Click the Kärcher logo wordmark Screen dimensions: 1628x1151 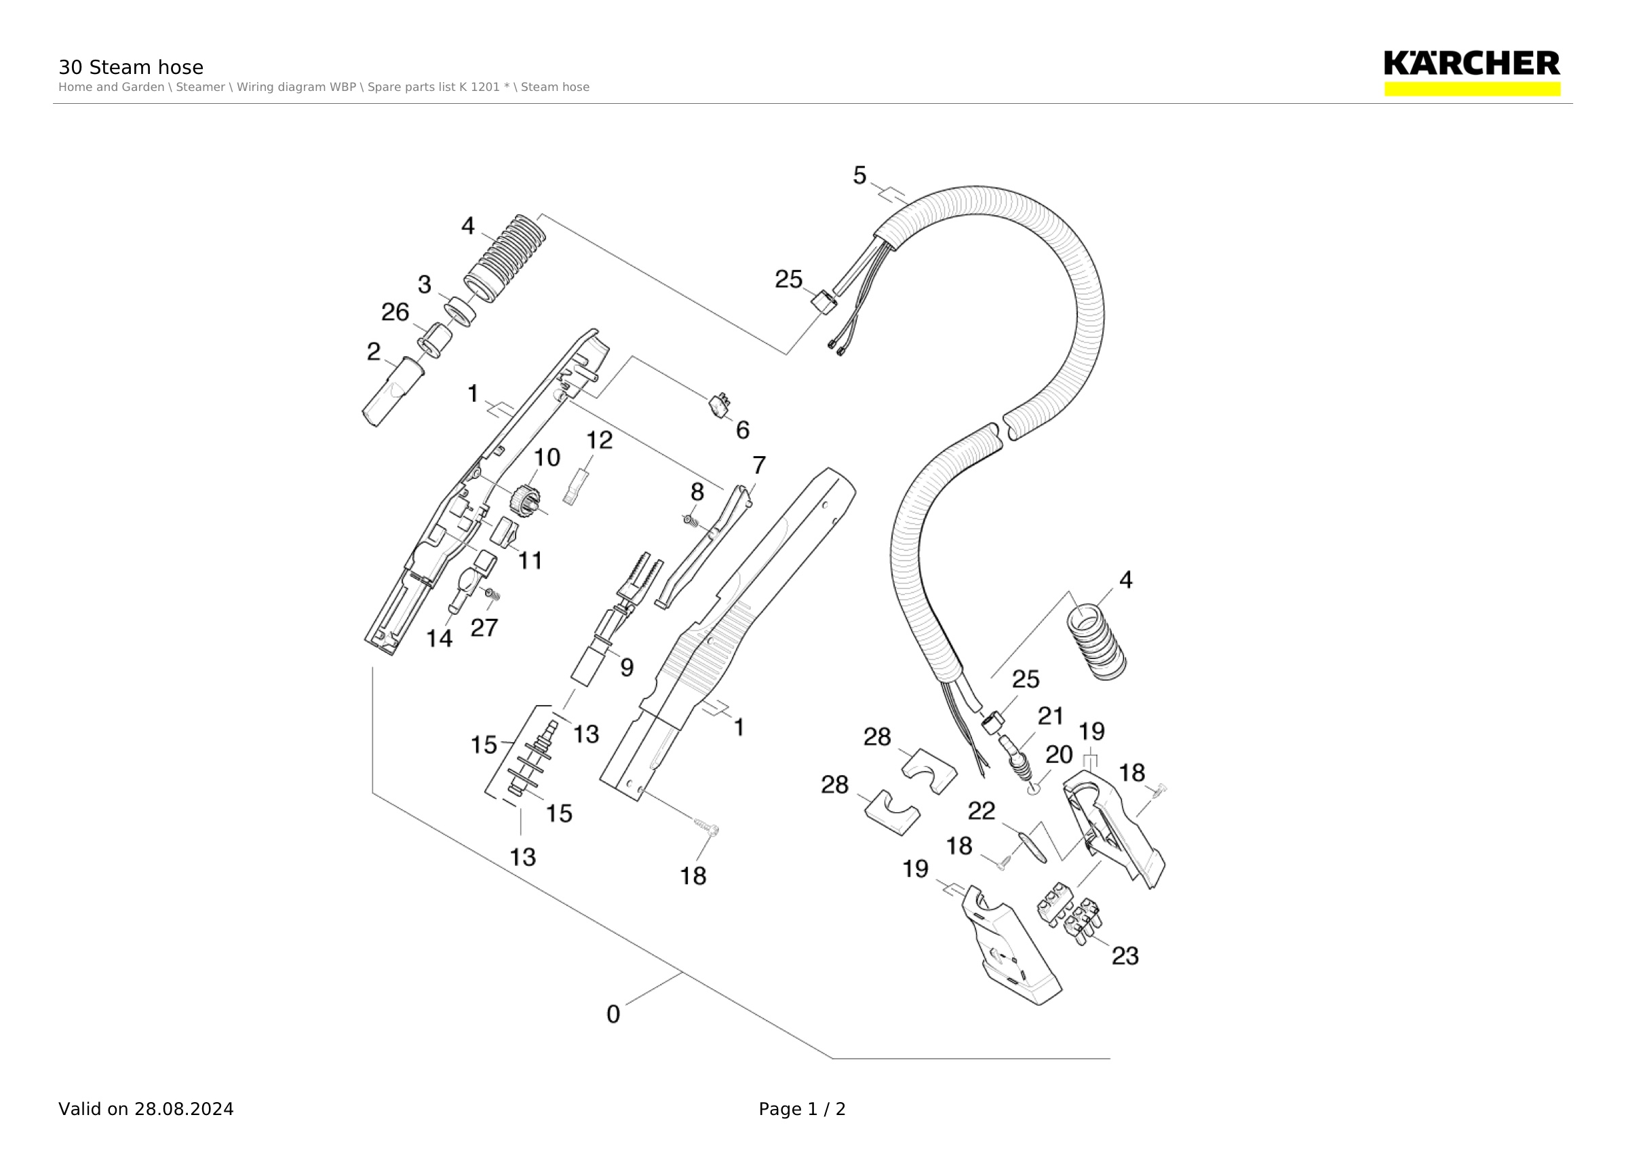click(1472, 63)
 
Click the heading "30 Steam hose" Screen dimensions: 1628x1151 click(130, 67)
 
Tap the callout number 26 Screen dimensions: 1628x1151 click(395, 312)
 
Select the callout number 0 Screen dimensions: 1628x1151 click(613, 1014)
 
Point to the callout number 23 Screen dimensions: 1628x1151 click(1125, 956)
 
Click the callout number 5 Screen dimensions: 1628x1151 click(859, 175)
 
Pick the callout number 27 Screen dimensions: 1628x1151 click(484, 628)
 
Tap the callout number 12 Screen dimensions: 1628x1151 click(599, 440)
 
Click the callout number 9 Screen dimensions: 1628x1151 click(627, 667)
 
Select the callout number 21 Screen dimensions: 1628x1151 click(1050, 716)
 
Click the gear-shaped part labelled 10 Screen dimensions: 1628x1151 click(525, 500)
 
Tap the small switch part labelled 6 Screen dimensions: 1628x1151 click(720, 406)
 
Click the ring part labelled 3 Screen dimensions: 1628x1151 click(460, 312)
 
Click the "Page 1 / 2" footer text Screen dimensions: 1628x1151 click(802, 1109)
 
